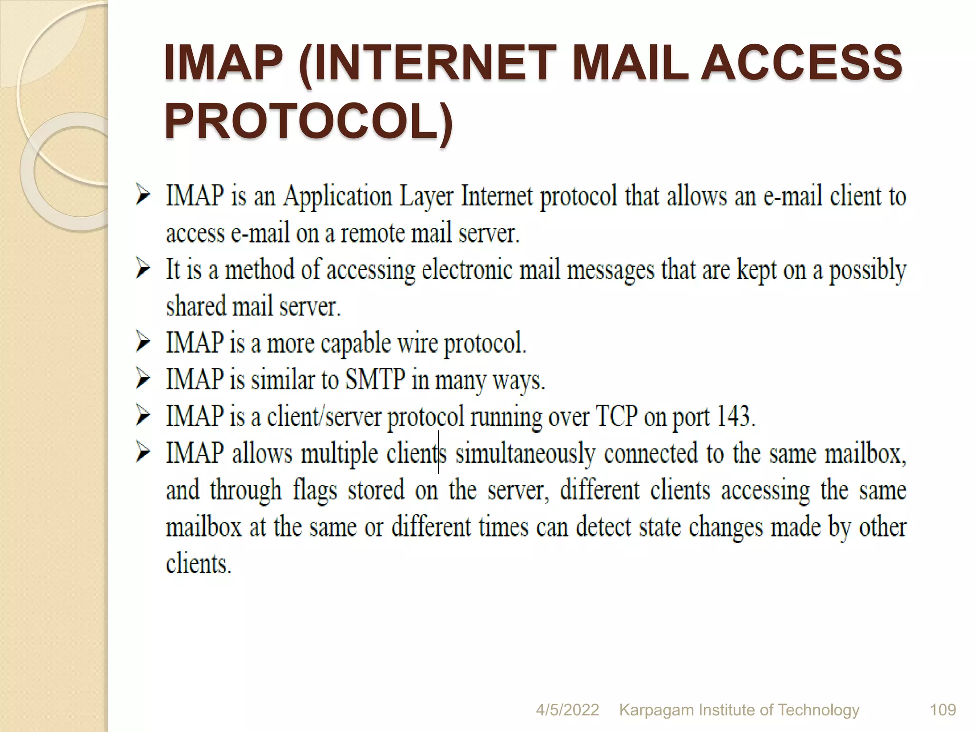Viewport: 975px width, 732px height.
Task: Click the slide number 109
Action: click(943, 710)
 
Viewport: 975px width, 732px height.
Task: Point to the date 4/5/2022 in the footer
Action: click(567, 710)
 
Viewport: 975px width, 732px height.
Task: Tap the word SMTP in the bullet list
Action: click(376, 380)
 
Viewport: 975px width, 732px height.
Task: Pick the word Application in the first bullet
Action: click(338, 197)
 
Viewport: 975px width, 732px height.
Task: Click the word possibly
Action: click(868, 270)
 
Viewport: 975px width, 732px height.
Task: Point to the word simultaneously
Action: click(526, 453)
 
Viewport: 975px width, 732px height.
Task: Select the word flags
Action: click(315, 490)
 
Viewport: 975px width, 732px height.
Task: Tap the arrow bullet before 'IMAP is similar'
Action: click(143, 380)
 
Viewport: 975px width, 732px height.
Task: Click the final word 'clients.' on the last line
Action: click(199, 564)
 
